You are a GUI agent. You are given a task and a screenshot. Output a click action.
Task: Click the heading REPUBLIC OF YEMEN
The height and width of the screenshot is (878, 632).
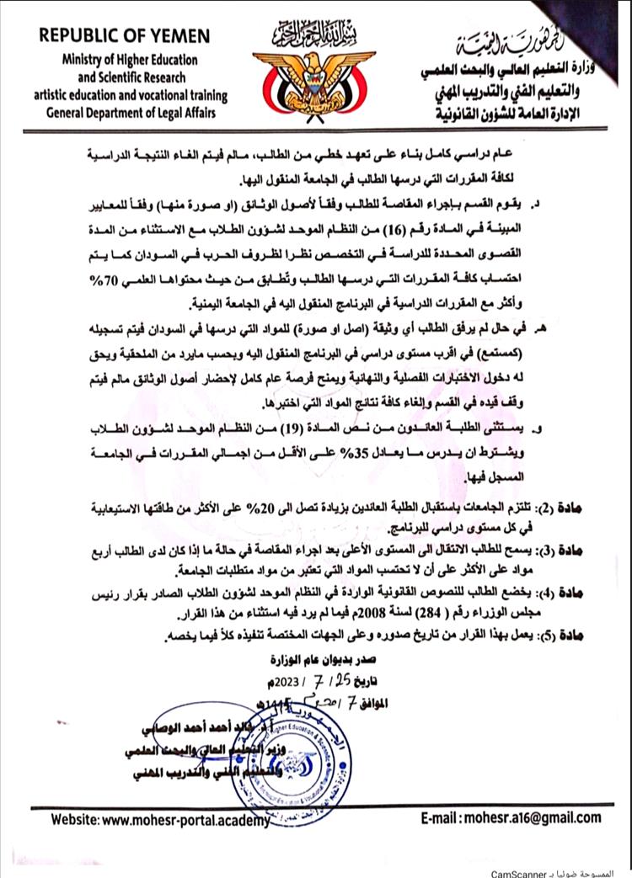click(124, 37)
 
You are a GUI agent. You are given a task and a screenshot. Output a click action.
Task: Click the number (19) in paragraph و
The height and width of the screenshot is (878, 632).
click(367, 428)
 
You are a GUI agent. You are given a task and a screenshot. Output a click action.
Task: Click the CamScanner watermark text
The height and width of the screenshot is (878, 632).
click(581, 870)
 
